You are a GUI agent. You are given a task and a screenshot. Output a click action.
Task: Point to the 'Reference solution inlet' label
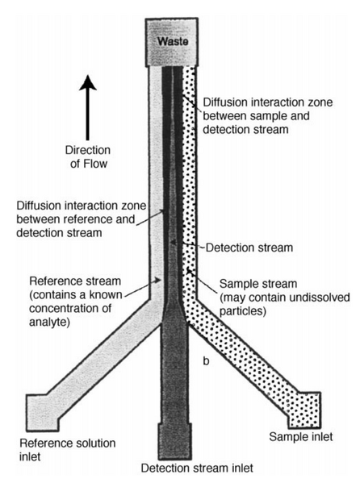pyautogui.click(x=68, y=450)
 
